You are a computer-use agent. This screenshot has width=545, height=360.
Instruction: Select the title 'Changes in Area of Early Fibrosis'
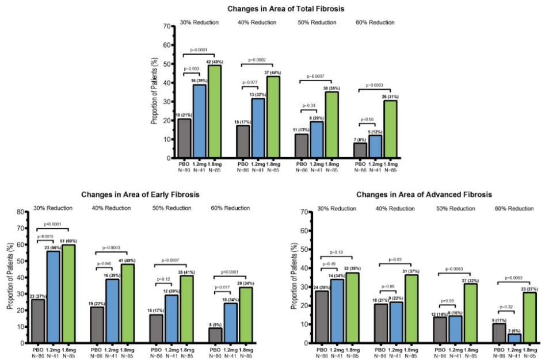pos(140,195)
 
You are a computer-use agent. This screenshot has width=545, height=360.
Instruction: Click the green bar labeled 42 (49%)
pos(214,112)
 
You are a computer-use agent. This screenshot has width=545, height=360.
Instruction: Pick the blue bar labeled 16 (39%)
pos(199,121)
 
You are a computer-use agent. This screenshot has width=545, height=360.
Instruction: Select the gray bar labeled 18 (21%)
pos(184,138)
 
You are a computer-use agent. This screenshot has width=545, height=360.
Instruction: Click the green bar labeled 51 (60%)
pos(69,294)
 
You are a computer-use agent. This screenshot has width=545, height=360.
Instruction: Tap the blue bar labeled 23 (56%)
pos(54,297)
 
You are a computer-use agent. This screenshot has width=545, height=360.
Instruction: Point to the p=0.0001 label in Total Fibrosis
pos(199,49)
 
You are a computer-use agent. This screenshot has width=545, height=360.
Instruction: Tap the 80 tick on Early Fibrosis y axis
pos(21,212)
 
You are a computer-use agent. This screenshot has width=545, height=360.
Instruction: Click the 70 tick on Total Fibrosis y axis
pos(167,26)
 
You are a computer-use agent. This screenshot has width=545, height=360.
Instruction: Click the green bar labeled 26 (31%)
pos(390,129)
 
